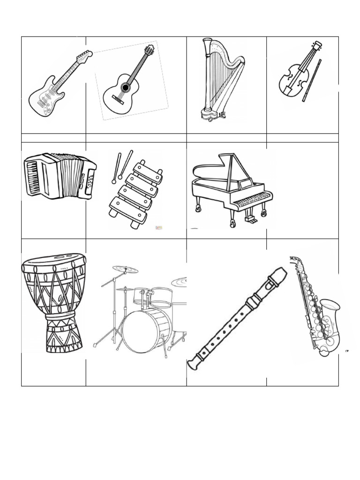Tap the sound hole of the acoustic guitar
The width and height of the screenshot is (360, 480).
125,87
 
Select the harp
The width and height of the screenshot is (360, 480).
220,80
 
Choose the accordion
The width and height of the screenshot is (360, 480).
60,176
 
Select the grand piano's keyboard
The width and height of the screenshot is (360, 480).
252,200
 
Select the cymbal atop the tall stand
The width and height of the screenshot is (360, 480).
125,270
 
